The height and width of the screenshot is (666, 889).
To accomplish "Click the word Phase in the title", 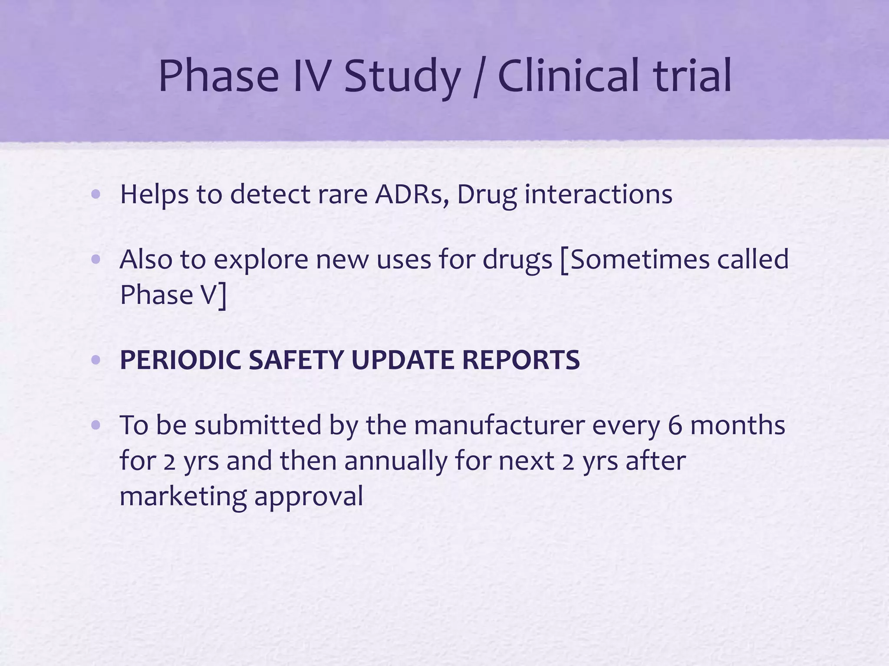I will [218, 76].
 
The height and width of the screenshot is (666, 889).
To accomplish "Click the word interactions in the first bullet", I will [599, 195].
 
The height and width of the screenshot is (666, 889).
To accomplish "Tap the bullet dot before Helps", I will [96, 195].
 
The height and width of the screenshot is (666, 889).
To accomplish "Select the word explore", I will [260, 260].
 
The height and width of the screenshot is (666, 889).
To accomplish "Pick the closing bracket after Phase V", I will [222, 296].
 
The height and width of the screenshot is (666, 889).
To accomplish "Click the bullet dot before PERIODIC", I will [96, 360].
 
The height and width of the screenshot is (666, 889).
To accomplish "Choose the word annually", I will [395, 461].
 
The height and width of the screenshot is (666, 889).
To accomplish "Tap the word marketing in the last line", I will [183, 497].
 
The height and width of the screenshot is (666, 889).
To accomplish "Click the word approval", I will [309, 497].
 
